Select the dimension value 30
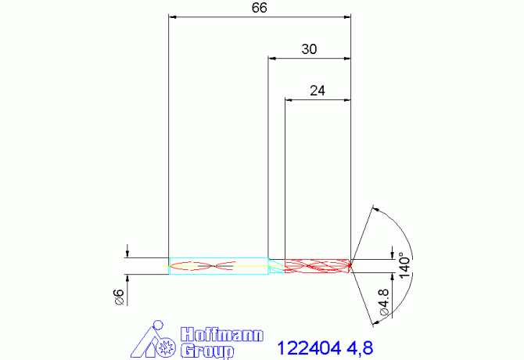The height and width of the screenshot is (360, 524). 309,49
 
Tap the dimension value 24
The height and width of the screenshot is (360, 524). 317,91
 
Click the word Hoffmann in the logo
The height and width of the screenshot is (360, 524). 221,333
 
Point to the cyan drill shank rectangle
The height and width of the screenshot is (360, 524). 218,266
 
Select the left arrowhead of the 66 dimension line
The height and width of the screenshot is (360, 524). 173,16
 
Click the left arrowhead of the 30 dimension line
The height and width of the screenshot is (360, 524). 271,58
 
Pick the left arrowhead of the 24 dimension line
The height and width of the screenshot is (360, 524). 289,99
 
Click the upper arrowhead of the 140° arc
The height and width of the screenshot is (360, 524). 377,209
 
